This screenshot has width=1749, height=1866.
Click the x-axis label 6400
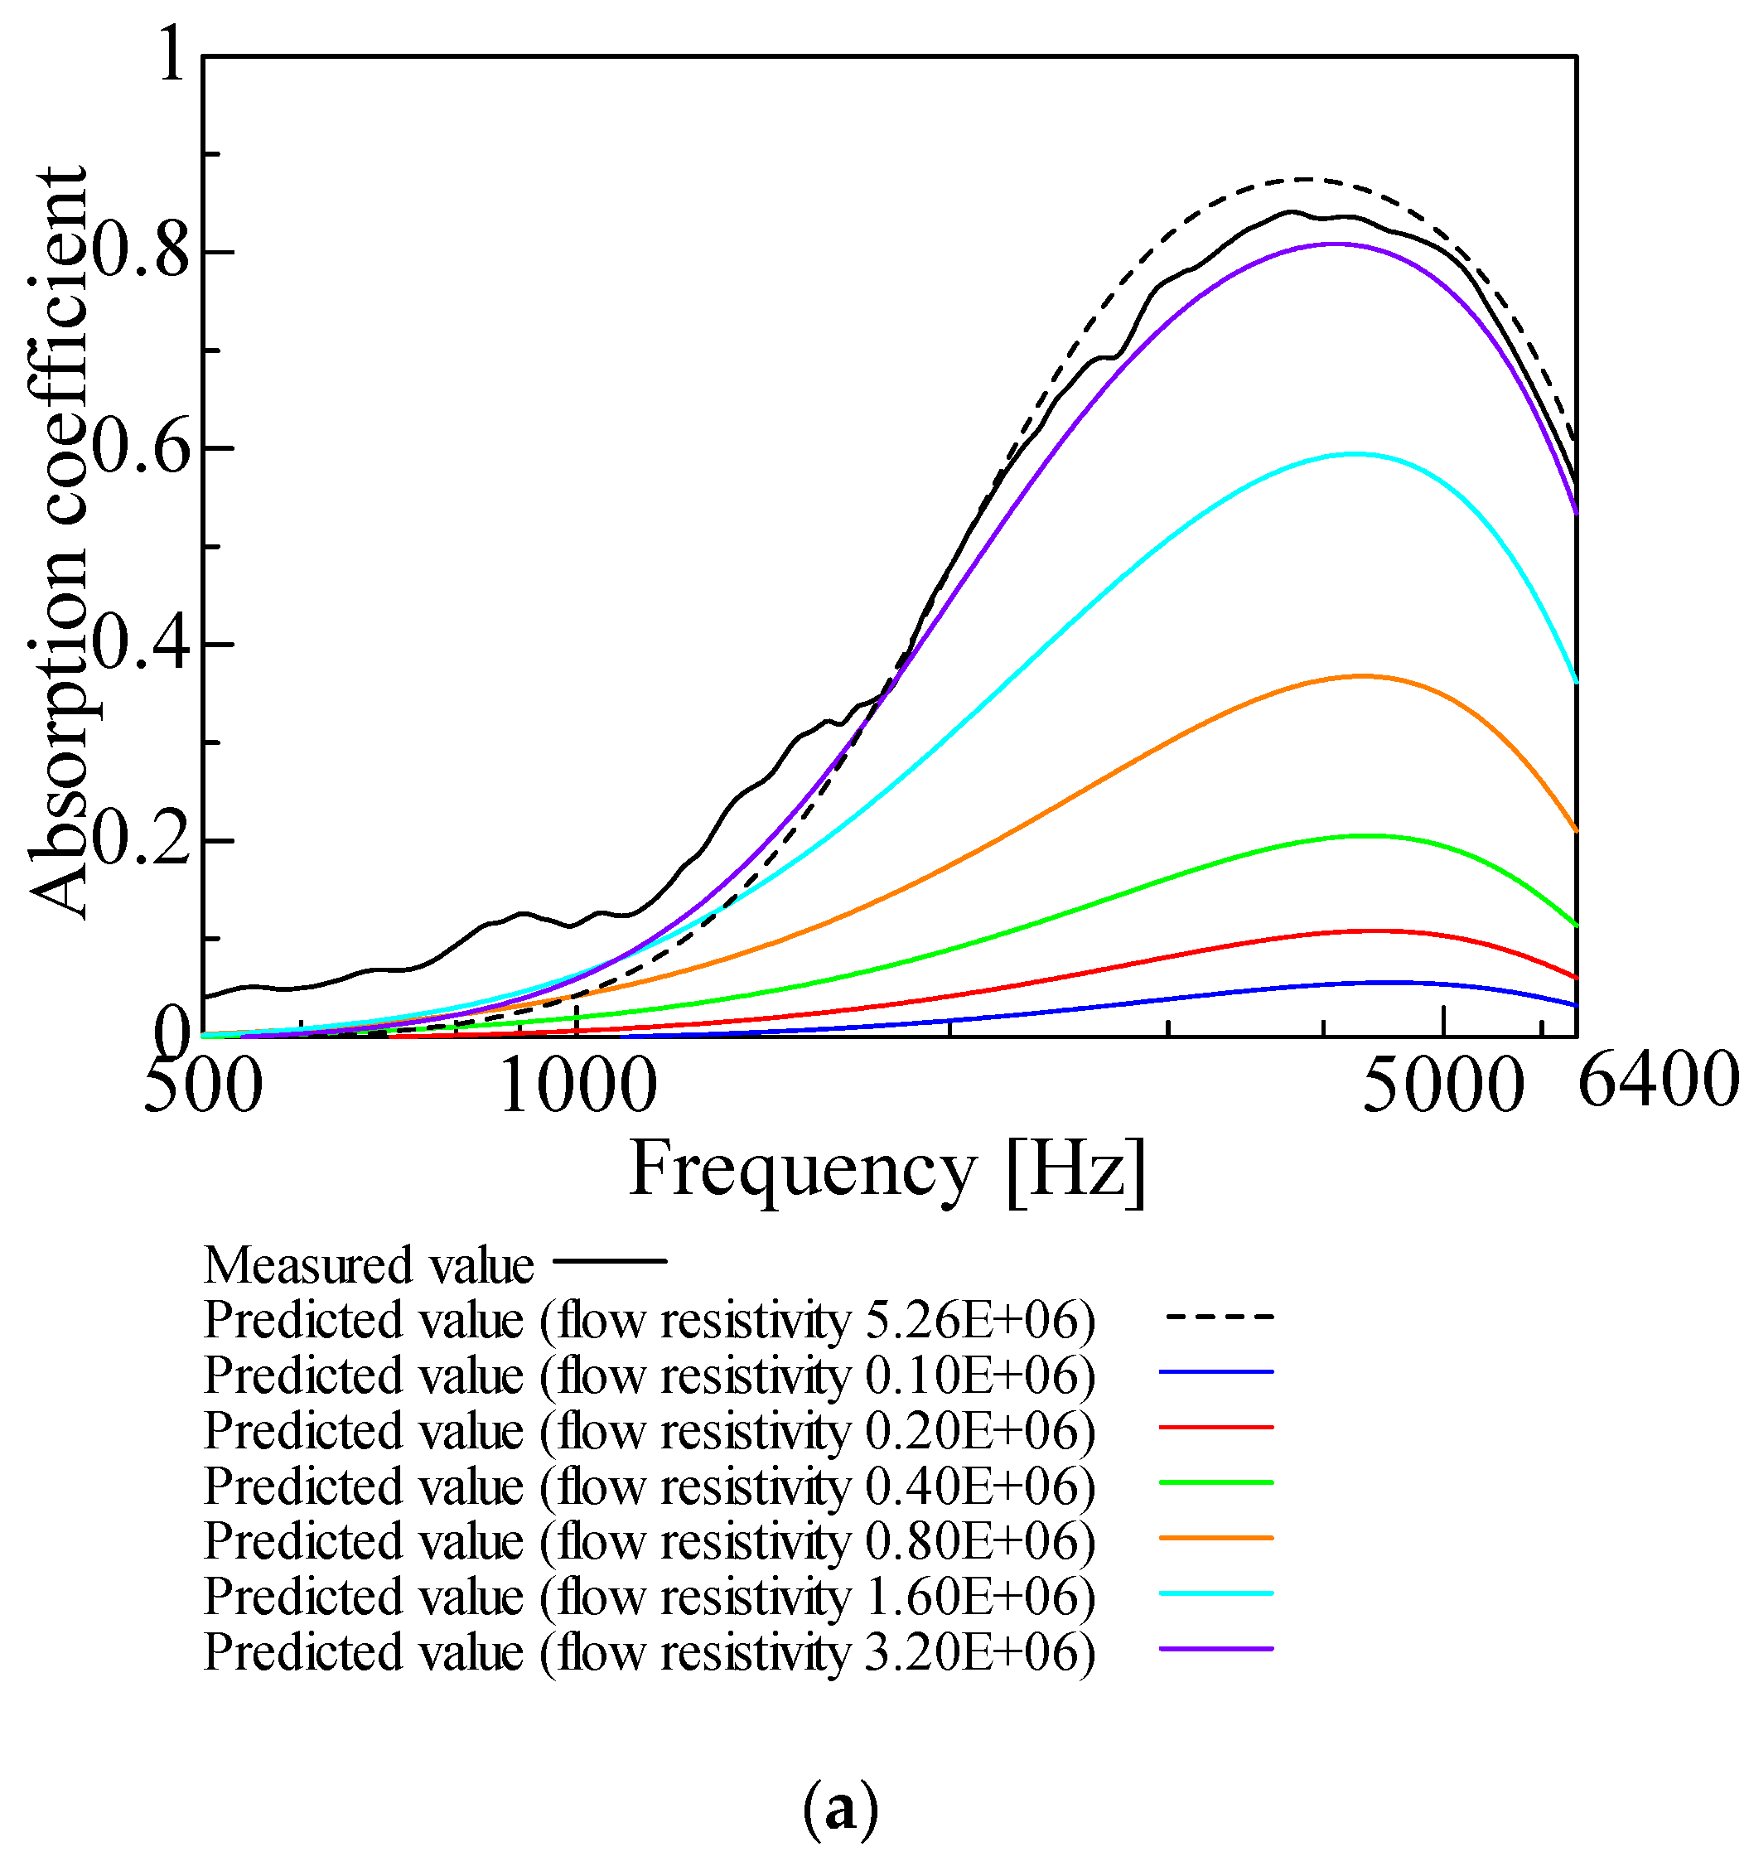point(1658,1080)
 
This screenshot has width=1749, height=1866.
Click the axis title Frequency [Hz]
point(887,1171)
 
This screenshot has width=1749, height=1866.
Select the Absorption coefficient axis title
point(58,544)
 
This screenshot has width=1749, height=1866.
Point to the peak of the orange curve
point(1360,676)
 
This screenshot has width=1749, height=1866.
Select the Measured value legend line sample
point(610,1260)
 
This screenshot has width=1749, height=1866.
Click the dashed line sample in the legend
point(1219,1317)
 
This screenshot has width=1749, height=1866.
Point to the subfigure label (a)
point(841,1809)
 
